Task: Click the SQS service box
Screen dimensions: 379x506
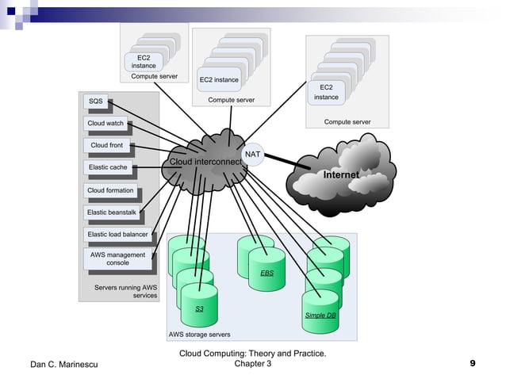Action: tap(95, 101)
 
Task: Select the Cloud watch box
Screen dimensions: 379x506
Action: tap(105, 124)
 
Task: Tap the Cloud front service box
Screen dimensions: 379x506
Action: tap(106, 146)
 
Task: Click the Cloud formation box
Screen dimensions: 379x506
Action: tap(110, 190)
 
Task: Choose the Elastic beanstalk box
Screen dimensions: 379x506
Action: tap(112, 212)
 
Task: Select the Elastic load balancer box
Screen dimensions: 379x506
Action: tap(117, 235)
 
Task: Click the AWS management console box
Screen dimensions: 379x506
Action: tap(117, 258)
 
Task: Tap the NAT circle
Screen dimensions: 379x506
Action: tap(253, 154)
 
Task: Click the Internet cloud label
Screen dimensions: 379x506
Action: tap(340, 174)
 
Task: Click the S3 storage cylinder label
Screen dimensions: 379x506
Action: tap(200, 308)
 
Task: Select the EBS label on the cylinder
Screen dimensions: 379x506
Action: tap(266, 273)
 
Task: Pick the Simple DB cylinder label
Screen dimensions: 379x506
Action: tap(320, 316)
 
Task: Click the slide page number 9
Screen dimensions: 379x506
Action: tap(473, 364)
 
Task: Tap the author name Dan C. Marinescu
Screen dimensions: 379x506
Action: tap(63, 365)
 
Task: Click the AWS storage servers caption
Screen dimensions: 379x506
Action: tap(200, 335)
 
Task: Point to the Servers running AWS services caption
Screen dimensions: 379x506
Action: tap(125, 291)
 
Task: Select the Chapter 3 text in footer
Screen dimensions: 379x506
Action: tap(253, 364)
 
